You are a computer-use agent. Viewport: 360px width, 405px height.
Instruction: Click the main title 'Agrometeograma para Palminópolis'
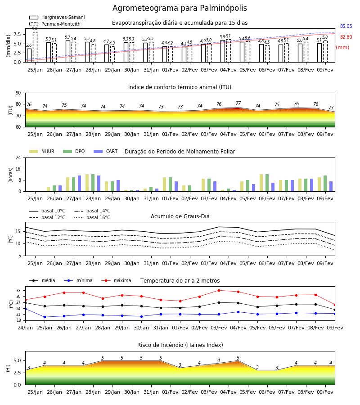point(180,8)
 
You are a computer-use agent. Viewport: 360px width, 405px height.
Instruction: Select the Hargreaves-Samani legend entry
point(57,17)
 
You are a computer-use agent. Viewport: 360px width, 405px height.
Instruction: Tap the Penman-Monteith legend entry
point(55,24)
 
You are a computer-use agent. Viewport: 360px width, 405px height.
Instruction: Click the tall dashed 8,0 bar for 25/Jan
point(35,47)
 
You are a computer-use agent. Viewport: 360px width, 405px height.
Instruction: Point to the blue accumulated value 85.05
point(346,27)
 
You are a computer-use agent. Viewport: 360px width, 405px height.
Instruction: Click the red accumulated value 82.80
point(346,37)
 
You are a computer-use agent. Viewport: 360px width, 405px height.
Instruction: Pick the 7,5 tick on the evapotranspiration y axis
point(17,34)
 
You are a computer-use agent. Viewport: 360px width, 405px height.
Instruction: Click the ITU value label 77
point(238,103)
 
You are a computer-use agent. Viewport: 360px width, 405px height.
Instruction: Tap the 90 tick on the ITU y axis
point(18,93)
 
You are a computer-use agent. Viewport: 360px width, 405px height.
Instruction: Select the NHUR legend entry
point(42,151)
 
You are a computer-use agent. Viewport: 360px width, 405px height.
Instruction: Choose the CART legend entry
point(106,151)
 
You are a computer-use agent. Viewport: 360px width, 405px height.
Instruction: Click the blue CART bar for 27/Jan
point(79,184)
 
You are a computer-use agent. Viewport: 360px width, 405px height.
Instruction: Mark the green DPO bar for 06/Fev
point(267,183)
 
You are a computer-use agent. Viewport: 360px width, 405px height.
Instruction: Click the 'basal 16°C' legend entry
point(92,217)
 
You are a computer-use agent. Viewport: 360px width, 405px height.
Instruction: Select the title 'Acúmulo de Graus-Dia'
point(180,216)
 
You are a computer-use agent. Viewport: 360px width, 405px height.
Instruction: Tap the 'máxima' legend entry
point(116,280)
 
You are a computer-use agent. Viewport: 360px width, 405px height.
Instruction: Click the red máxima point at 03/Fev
point(219,290)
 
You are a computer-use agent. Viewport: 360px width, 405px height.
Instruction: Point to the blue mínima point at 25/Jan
point(45,317)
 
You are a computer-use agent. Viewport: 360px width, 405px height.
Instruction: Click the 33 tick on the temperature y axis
point(18,291)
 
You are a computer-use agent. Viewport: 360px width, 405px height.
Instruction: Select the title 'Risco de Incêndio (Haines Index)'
point(180,345)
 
